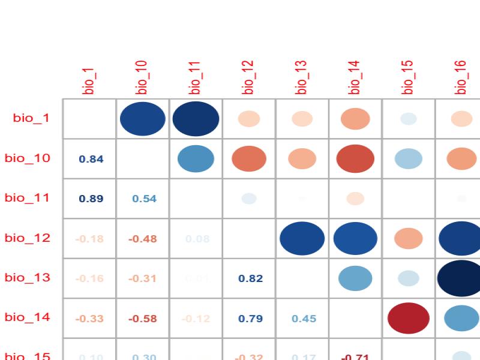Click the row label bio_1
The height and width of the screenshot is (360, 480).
[31, 118]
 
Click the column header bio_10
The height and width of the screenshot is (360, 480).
[142, 77]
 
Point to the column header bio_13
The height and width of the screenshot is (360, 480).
[302, 77]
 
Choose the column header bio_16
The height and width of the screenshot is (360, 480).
[461, 77]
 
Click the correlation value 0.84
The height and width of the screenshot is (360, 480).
[91, 159]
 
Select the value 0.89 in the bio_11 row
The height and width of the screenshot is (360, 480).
[91, 199]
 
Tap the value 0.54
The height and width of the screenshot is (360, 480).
[144, 199]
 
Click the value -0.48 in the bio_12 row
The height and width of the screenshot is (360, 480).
[143, 239]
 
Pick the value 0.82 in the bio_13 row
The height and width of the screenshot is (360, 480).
[250, 278]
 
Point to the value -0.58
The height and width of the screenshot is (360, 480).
[143, 319]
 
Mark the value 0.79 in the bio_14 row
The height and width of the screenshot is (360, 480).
[250, 319]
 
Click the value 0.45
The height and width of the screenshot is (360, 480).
[304, 319]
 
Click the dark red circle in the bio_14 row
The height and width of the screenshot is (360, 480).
[409, 318]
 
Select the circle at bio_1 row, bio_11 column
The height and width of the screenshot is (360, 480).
[196, 118]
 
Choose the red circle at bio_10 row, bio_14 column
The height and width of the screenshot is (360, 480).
[355, 158]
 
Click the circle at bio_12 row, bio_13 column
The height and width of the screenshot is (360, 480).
[302, 238]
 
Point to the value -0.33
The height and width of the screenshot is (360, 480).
[89, 319]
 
